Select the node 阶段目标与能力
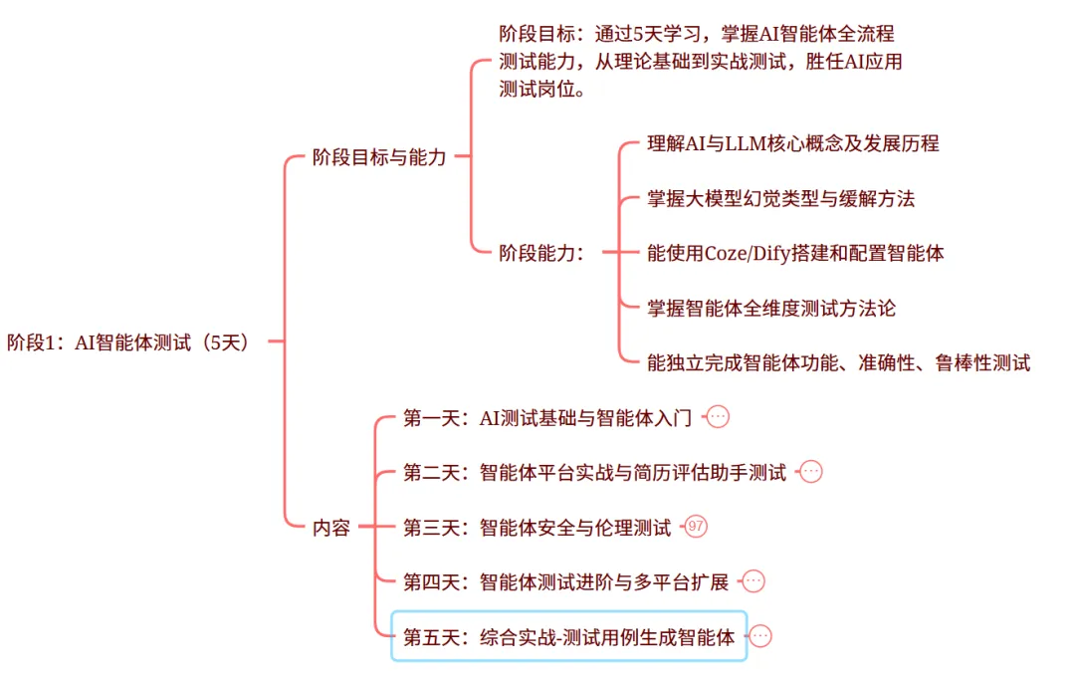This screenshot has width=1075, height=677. (379, 157)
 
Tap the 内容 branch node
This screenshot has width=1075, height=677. (331, 527)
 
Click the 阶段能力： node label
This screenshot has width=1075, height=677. (541, 253)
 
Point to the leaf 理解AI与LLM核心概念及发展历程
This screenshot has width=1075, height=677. (792, 143)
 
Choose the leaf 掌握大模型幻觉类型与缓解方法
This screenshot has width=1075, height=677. (780, 198)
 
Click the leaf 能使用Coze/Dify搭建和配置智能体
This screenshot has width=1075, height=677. (794, 253)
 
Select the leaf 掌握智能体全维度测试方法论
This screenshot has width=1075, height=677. (771, 308)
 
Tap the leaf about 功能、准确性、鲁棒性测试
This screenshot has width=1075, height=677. (838, 362)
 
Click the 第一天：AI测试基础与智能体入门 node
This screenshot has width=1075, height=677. (546, 417)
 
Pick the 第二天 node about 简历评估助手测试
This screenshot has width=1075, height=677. (594, 472)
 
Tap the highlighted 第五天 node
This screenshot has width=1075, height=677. (568, 636)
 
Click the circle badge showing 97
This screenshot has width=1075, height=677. (696, 527)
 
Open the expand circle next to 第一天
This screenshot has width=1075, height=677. (718, 417)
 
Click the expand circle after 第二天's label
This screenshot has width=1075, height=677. (811, 472)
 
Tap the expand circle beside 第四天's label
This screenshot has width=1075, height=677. (753, 581)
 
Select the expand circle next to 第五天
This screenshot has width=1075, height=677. (760, 636)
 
